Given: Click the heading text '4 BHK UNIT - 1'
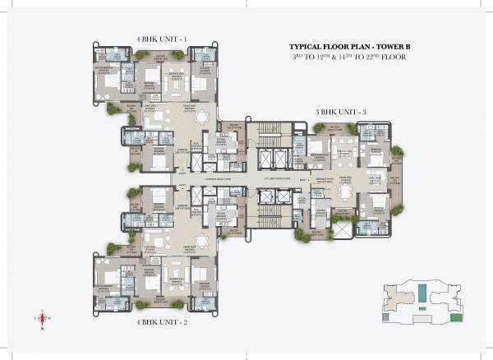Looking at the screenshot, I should pyautogui.click(x=163, y=39).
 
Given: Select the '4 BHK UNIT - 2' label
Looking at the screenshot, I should pyautogui.click(x=163, y=322).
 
